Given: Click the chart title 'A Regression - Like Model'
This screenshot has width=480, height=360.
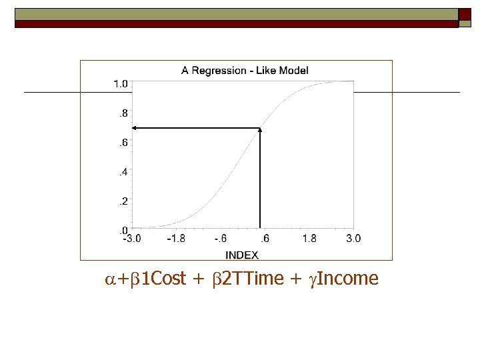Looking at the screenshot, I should click(245, 70).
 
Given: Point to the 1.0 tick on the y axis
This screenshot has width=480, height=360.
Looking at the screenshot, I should click(120, 84).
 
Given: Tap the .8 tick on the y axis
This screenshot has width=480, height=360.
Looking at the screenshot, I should click(122, 113).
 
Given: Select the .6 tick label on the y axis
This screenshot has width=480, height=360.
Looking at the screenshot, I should click(122, 143).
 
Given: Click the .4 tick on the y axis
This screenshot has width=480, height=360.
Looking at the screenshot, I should click(122, 172).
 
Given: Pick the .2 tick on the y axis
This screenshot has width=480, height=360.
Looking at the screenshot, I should click(122, 201).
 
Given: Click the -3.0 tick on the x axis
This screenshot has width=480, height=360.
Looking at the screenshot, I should click(131, 239).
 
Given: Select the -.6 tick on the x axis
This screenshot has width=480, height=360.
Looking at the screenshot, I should click(221, 239).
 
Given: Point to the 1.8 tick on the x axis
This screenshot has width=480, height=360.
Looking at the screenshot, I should click(310, 239).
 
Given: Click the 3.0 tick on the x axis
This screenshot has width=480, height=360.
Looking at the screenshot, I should click(354, 239).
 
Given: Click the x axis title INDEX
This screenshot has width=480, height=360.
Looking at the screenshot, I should click(242, 255).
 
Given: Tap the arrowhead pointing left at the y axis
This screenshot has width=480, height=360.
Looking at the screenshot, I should click(134, 127).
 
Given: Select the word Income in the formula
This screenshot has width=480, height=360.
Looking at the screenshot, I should click(347, 279).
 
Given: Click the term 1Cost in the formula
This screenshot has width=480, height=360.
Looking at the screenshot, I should click(163, 279).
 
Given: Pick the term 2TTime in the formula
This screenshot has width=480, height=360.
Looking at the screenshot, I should click(253, 279).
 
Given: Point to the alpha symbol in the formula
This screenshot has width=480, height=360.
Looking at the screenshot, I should click(111, 279).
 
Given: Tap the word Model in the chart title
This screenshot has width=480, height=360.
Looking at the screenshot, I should click(293, 70).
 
